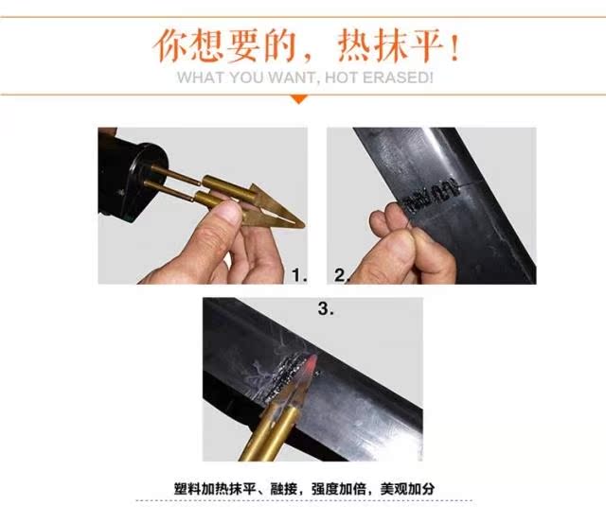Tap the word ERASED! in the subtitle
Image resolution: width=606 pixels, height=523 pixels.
pos(398,78)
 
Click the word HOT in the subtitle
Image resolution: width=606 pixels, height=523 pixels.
pos(342,78)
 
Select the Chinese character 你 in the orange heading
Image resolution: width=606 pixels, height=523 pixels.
pos(170,46)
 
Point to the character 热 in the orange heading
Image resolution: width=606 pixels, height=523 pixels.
pos(356,46)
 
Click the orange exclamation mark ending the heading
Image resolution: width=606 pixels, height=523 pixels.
pos(454,47)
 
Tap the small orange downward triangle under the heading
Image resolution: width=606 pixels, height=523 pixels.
pos(299,99)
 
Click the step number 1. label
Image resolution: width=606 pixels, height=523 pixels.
pos(299,275)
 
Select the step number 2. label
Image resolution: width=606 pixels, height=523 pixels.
pos(342,275)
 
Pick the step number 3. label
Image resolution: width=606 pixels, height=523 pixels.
pos(326,308)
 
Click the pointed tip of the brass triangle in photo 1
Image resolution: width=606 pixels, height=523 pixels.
pos(303,225)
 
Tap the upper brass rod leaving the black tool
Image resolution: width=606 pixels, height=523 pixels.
pos(176,174)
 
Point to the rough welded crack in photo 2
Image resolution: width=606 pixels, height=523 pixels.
pos(431,195)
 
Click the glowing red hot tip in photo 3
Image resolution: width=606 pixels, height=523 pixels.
pos(312,363)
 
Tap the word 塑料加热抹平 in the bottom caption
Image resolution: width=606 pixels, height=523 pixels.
pos(215,489)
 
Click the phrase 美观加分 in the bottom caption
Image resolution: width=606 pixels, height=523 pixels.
pos(407,489)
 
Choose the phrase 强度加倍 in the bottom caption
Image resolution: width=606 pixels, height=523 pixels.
pos(339,489)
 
